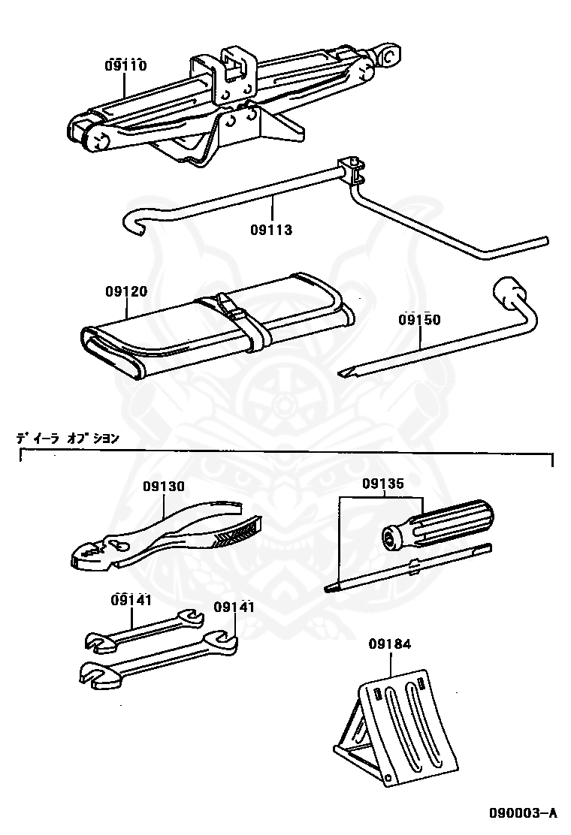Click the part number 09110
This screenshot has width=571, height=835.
[125, 65]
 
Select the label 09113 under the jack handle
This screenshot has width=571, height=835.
[271, 230]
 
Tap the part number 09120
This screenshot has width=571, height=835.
[126, 291]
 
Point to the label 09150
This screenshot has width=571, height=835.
[419, 320]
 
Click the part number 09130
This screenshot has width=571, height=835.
[164, 487]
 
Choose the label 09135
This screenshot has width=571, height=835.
[383, 484]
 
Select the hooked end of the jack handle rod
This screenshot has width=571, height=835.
[134, 222]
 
